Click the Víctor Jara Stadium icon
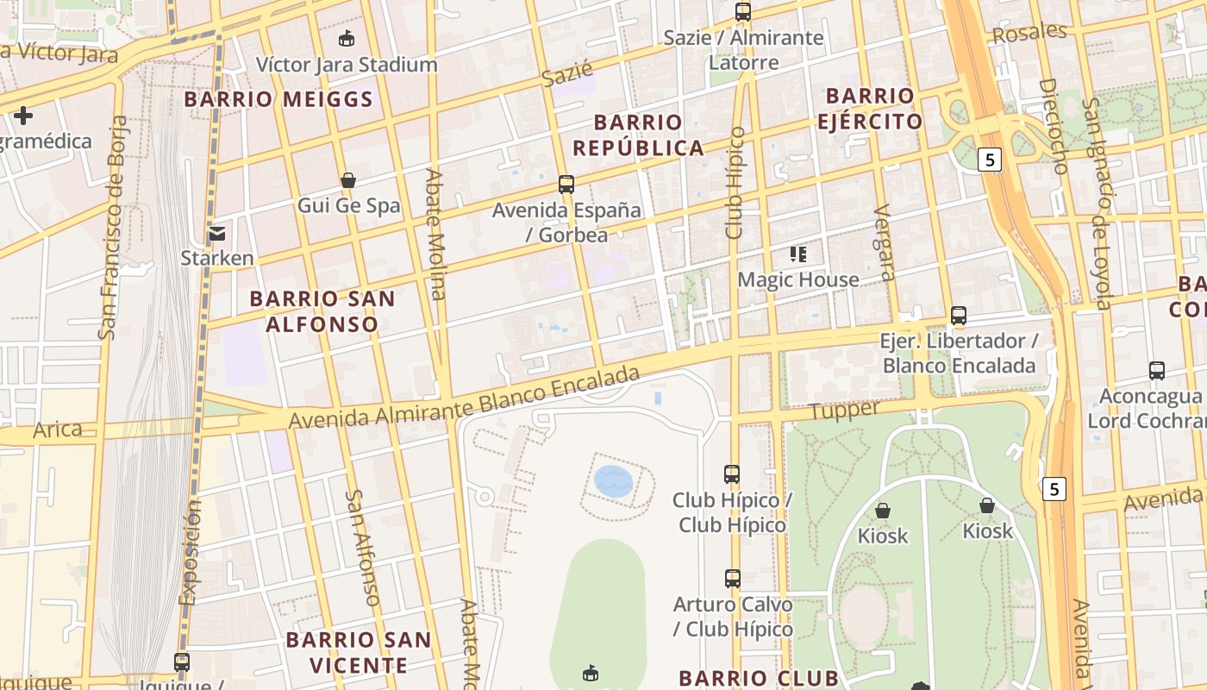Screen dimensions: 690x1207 click(x=347, y=38)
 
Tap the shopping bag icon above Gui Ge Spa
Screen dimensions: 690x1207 click(x=348, y=180)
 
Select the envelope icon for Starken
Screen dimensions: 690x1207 click(x=216, y=233)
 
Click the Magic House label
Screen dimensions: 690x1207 click(x=797, y=279)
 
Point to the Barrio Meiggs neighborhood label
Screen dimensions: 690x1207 click(x=278, y=99)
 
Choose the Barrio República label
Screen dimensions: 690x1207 click(x=638, y=135)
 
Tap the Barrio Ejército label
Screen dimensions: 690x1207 click(x=870, y=109)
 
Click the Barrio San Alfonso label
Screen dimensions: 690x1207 click(x=322, y=311)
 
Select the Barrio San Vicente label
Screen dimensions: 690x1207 click(x=358, y=653)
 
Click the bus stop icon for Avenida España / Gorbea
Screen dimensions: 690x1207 click(x=566, y=184)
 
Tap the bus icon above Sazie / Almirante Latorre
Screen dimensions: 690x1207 click(x=742, y=12)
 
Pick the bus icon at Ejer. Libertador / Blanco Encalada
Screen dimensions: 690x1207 click(x=958, y=316)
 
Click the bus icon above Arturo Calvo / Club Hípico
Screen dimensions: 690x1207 click(x=733, y=579)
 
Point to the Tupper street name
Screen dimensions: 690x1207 click(x=844, y=411)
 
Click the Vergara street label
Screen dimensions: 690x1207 click(x=884, y=243)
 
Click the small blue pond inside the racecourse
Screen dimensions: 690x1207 click(x=613, y=480)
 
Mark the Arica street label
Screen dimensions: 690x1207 click(x=58, y=430)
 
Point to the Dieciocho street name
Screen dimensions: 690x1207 click(x=1054, y=126)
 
